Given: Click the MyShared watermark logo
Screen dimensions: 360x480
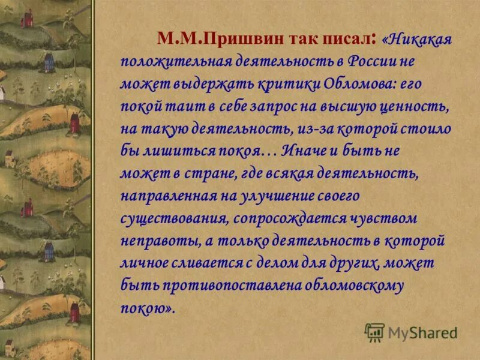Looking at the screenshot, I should click(x=410, y=332).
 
